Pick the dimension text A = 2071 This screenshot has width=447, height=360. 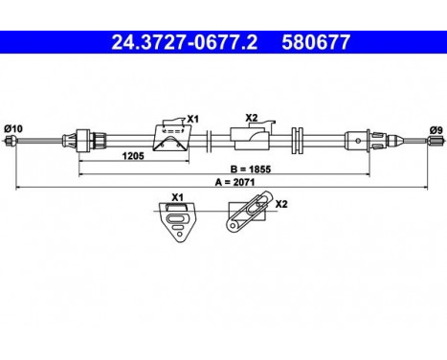(225, 184)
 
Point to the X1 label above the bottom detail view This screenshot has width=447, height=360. (177, 197)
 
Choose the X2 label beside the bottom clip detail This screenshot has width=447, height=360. (281, 204)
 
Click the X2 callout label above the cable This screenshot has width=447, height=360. (252, 118)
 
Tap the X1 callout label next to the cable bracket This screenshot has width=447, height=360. (192, 119)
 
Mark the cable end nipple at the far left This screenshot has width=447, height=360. (11, 142)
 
